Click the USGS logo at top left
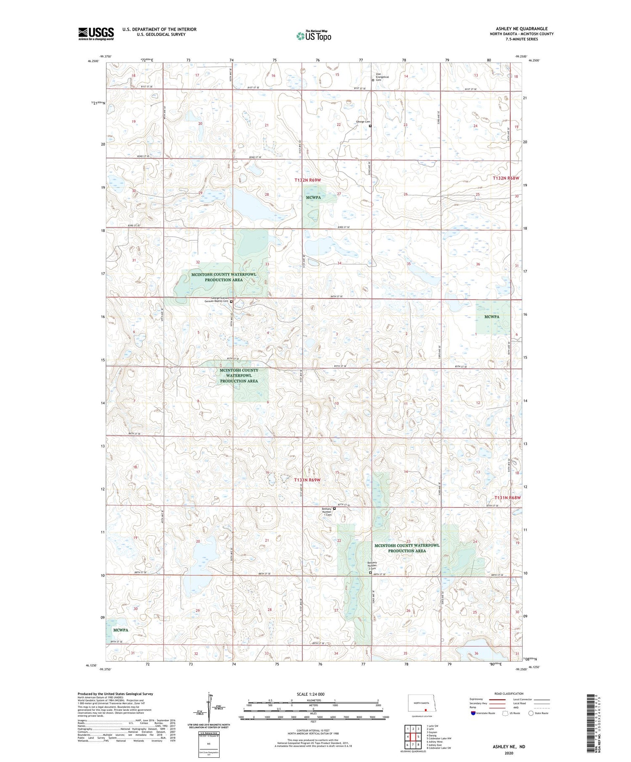click(96, 34)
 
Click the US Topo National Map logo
click(313, 36)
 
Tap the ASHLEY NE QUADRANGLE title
click(521, 29)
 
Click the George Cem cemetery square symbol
click(370, 126)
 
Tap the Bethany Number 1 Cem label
click(327, 512)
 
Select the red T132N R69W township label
click(308, 180)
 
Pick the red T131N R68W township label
click(507, 497)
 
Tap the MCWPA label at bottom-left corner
click(120, 630)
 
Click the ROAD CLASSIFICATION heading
click(509, 693)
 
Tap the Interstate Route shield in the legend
click(473, 713)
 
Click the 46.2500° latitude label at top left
click(93, 61)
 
